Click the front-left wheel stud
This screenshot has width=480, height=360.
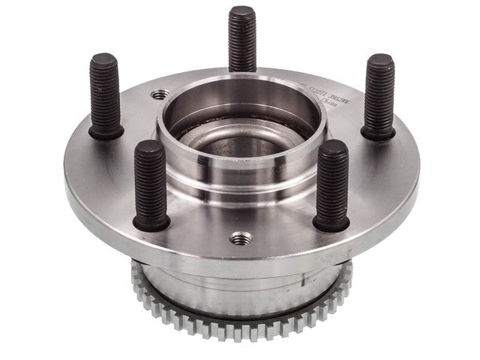(150, 184)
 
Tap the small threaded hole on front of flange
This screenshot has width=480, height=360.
(241, 238)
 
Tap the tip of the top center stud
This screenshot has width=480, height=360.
(241, 10)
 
